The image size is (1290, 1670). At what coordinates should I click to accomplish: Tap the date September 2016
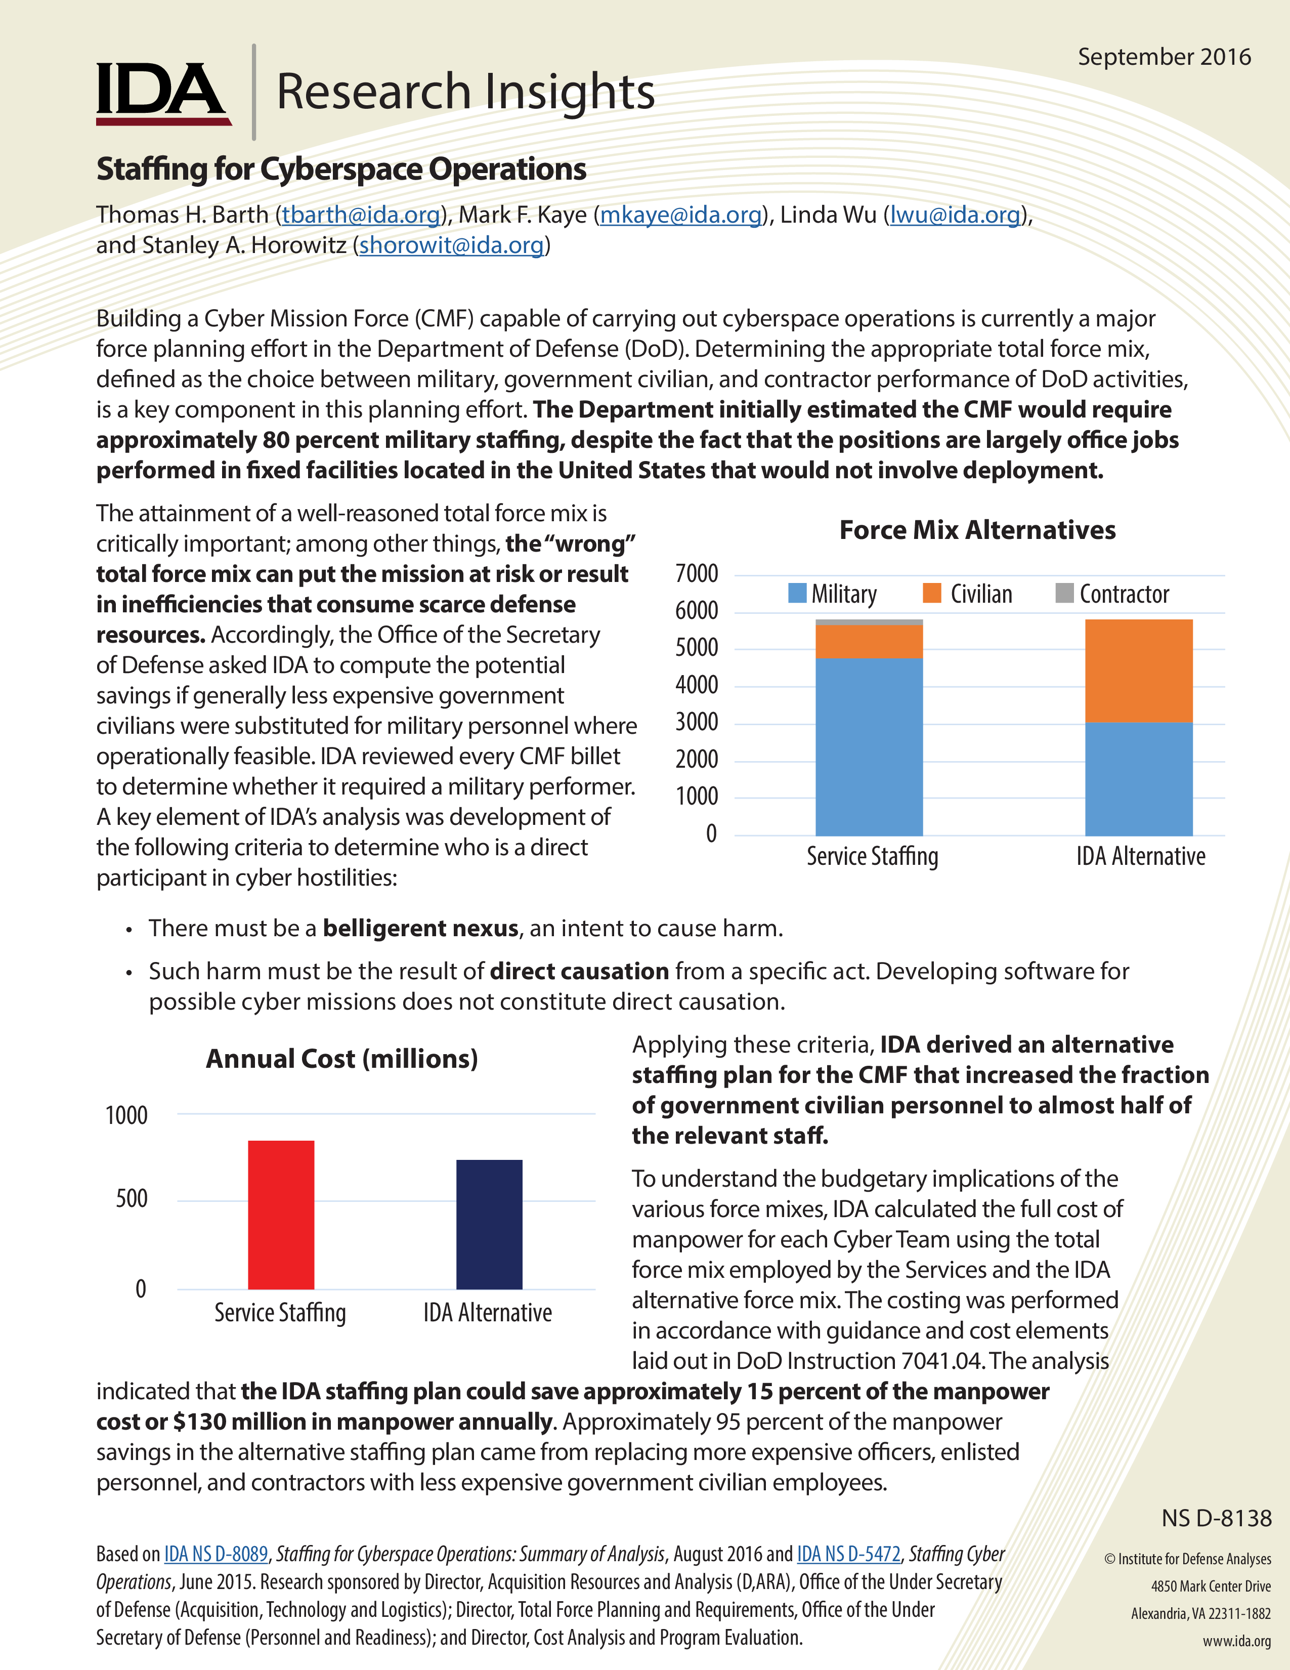click(1164, 57)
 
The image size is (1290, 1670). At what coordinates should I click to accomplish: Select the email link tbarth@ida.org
click(361, 215)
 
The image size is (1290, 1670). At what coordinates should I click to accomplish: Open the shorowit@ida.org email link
click(451, 245)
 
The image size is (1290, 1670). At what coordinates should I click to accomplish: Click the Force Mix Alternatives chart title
click(977, 530)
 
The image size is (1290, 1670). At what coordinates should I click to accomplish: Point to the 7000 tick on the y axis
click(696, 573)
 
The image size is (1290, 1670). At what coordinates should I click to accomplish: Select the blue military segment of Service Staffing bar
click(869, 746)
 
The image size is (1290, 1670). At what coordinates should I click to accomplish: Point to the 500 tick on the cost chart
click(132, 1198)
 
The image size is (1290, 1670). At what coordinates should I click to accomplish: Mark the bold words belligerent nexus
click(420, 928)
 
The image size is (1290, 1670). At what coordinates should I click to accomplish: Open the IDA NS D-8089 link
click(217, 1554)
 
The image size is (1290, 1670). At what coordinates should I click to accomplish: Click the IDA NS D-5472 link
click(848, 1554)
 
